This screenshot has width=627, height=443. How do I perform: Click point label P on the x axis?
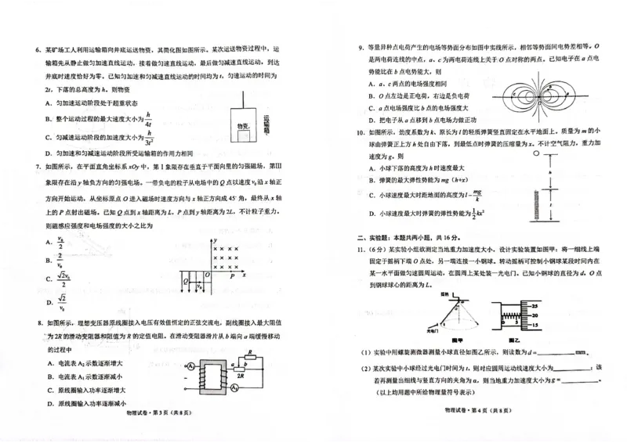click(232, 276)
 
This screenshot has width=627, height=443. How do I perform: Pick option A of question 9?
click(372, 84)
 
